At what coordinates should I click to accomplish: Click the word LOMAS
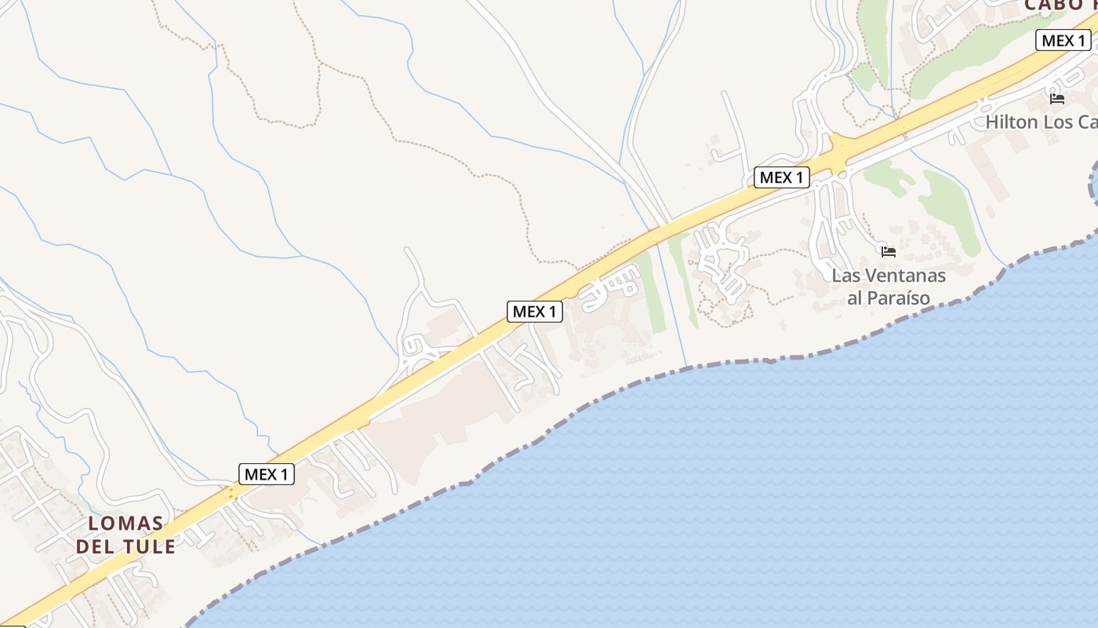click(125, 524)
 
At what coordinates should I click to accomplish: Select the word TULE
click(147, 546)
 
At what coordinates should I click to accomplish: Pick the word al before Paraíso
click(856, 298)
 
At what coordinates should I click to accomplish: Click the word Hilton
click(1012, 122)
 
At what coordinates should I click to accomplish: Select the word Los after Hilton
click(1059, 122)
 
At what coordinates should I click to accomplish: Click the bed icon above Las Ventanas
click(888, 252)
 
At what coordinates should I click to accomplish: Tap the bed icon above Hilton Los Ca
click(1056, 99)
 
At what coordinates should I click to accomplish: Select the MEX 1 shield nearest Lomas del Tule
click(267, 474)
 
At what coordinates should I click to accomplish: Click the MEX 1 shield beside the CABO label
click(1063, 40)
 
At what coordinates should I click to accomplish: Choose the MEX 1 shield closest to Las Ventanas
click(782, 177)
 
